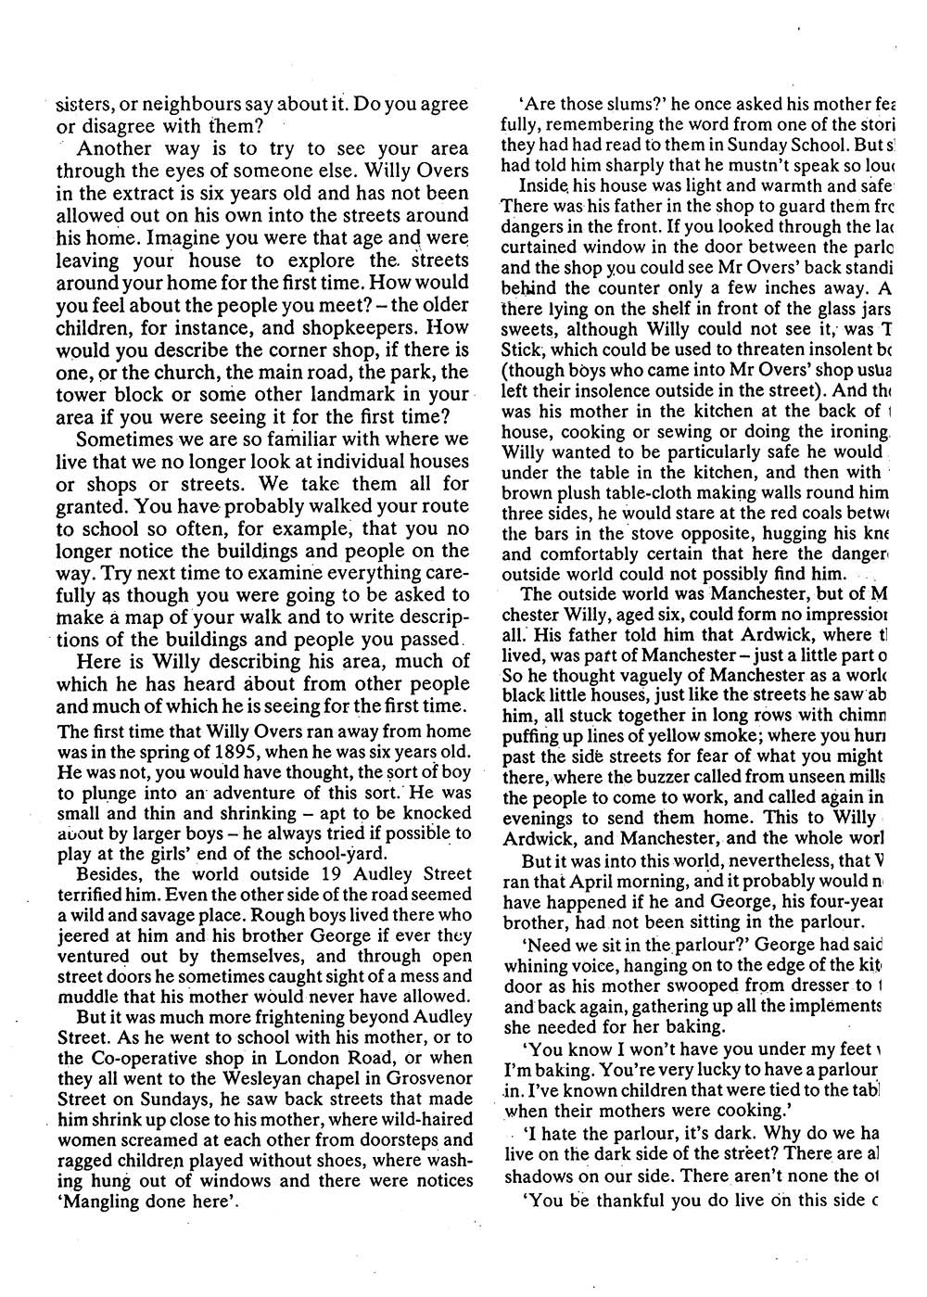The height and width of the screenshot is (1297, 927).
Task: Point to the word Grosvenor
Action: click(430, 1073)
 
